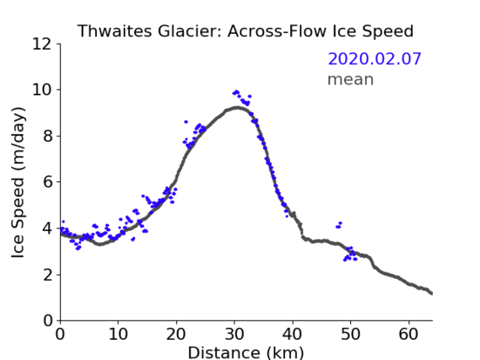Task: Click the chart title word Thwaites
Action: [x=115, y=31]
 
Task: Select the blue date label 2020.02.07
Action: [x=375, y=59]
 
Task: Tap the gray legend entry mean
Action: [x=351, y=79]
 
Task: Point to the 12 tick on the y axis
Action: [x=42, y=44]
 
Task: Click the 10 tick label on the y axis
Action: [x=42, y=90]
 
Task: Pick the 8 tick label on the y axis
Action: [x=47, y=136]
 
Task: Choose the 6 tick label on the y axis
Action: [x=47, y=182]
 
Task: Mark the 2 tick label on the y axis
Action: [x=47, y=275]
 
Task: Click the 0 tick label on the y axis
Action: [x=47, y=321]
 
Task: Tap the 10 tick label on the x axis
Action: [x=118, y=334]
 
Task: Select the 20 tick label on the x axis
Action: [x=176, y=334]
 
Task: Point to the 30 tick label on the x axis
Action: [x=235, y=334]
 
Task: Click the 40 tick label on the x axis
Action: [x=293, y=334]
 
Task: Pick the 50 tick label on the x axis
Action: [x=351, y=334]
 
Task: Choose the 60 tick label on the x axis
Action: [x=408, y=334]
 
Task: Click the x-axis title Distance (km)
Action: [x=245, y=352]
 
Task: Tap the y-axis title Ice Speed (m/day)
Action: [x=18, y=182]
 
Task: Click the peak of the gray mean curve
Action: [x=237, y=108]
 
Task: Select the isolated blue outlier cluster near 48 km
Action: [x=338, y=225]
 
